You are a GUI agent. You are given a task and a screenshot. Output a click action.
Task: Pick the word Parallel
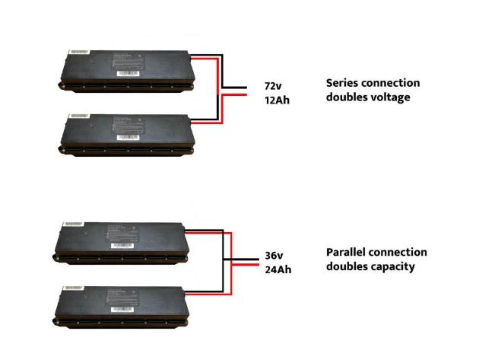[x=347, y=252]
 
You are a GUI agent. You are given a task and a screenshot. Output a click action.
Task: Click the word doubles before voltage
[x=347, y=97]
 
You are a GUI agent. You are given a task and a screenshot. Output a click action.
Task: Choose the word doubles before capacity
[x=347, y=266]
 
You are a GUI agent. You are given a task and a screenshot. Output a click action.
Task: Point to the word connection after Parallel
[x=400, y=252]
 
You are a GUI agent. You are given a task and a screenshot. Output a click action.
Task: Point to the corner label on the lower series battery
[x=79, y=116]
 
